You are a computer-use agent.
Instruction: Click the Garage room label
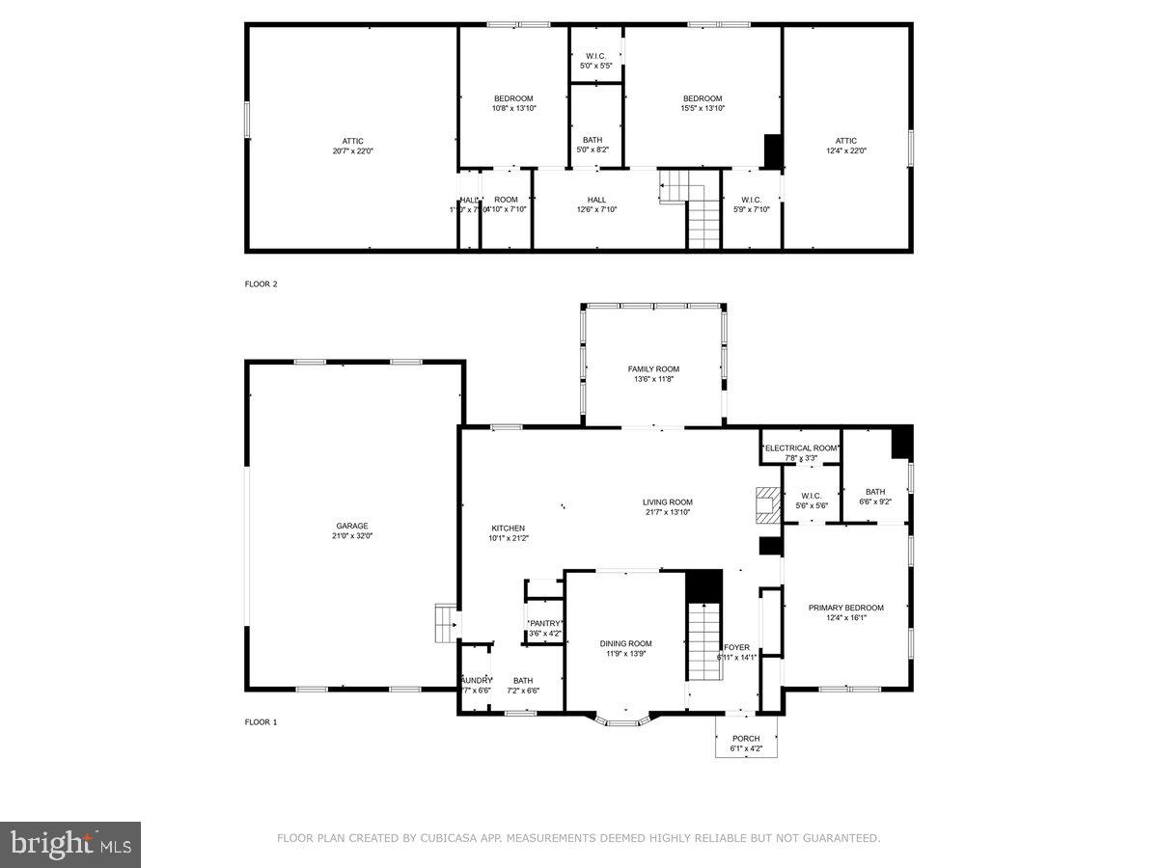(352, 526)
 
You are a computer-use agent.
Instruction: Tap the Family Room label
(653, 369)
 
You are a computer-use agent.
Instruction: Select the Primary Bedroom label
(845, 608)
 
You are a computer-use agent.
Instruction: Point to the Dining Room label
(625, 643)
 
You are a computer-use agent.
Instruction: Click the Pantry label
(545, 623)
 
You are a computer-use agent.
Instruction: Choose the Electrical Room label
(801, 448)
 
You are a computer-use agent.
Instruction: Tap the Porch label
(746, 739)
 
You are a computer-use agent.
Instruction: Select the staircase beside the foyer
(704, 638)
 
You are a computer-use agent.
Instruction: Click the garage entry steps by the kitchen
(446, 622)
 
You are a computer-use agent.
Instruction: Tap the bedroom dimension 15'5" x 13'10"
(703, 108)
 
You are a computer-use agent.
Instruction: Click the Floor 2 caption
(261, 285)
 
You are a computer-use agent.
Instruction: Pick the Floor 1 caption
(261, 722)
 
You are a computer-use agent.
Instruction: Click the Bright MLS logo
(70, 845)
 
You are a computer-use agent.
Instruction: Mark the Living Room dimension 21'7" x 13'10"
(668, 512)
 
